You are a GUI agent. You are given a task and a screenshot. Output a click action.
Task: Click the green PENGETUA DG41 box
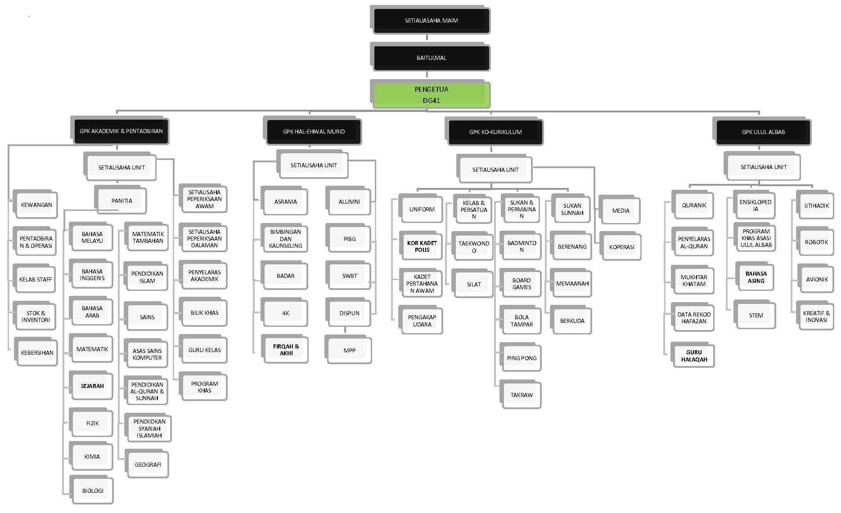click(x=431, y=95)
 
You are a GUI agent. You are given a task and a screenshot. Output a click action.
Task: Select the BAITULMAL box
click(x=431, y=58)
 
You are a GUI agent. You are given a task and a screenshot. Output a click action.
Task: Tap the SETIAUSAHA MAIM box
click(x=431, y=21)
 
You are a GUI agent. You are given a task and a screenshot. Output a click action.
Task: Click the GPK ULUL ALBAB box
click(x=763, y=132)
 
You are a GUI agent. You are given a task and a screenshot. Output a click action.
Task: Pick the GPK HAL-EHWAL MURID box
click(x=314, y=131)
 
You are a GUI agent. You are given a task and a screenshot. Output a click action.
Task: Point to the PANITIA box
click(x=121, y=201)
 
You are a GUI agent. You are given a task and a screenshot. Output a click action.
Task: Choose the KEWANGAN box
click(x=36, y=205)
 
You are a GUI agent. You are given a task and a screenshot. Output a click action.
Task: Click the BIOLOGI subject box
click(x=93, y=491)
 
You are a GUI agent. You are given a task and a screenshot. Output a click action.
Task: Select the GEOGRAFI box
click(x=148, y=464)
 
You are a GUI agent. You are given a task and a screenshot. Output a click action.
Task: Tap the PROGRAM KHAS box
click(x=204, y=387)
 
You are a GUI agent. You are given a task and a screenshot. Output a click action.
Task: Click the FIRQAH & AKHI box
click(x=286, y=350)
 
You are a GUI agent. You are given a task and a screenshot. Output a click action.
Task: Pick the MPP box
click(x=349, y=350)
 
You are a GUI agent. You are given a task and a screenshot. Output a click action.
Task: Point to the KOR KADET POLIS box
click(x=422, y=246)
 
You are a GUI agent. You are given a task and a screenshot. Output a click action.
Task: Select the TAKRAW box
click(x=522, y=395)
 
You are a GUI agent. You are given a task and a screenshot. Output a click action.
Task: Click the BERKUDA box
click(x=572, y=321)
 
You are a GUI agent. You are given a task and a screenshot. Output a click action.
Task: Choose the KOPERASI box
click(x=621, y=247)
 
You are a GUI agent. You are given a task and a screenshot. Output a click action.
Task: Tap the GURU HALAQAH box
click(x=694, y=356)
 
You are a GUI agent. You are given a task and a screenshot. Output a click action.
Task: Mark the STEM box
click(x=756, y=315)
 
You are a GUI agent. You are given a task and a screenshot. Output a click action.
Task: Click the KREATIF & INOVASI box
click(x=816, y=317)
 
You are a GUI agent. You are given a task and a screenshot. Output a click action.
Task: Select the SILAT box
click(x=474, y=284)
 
